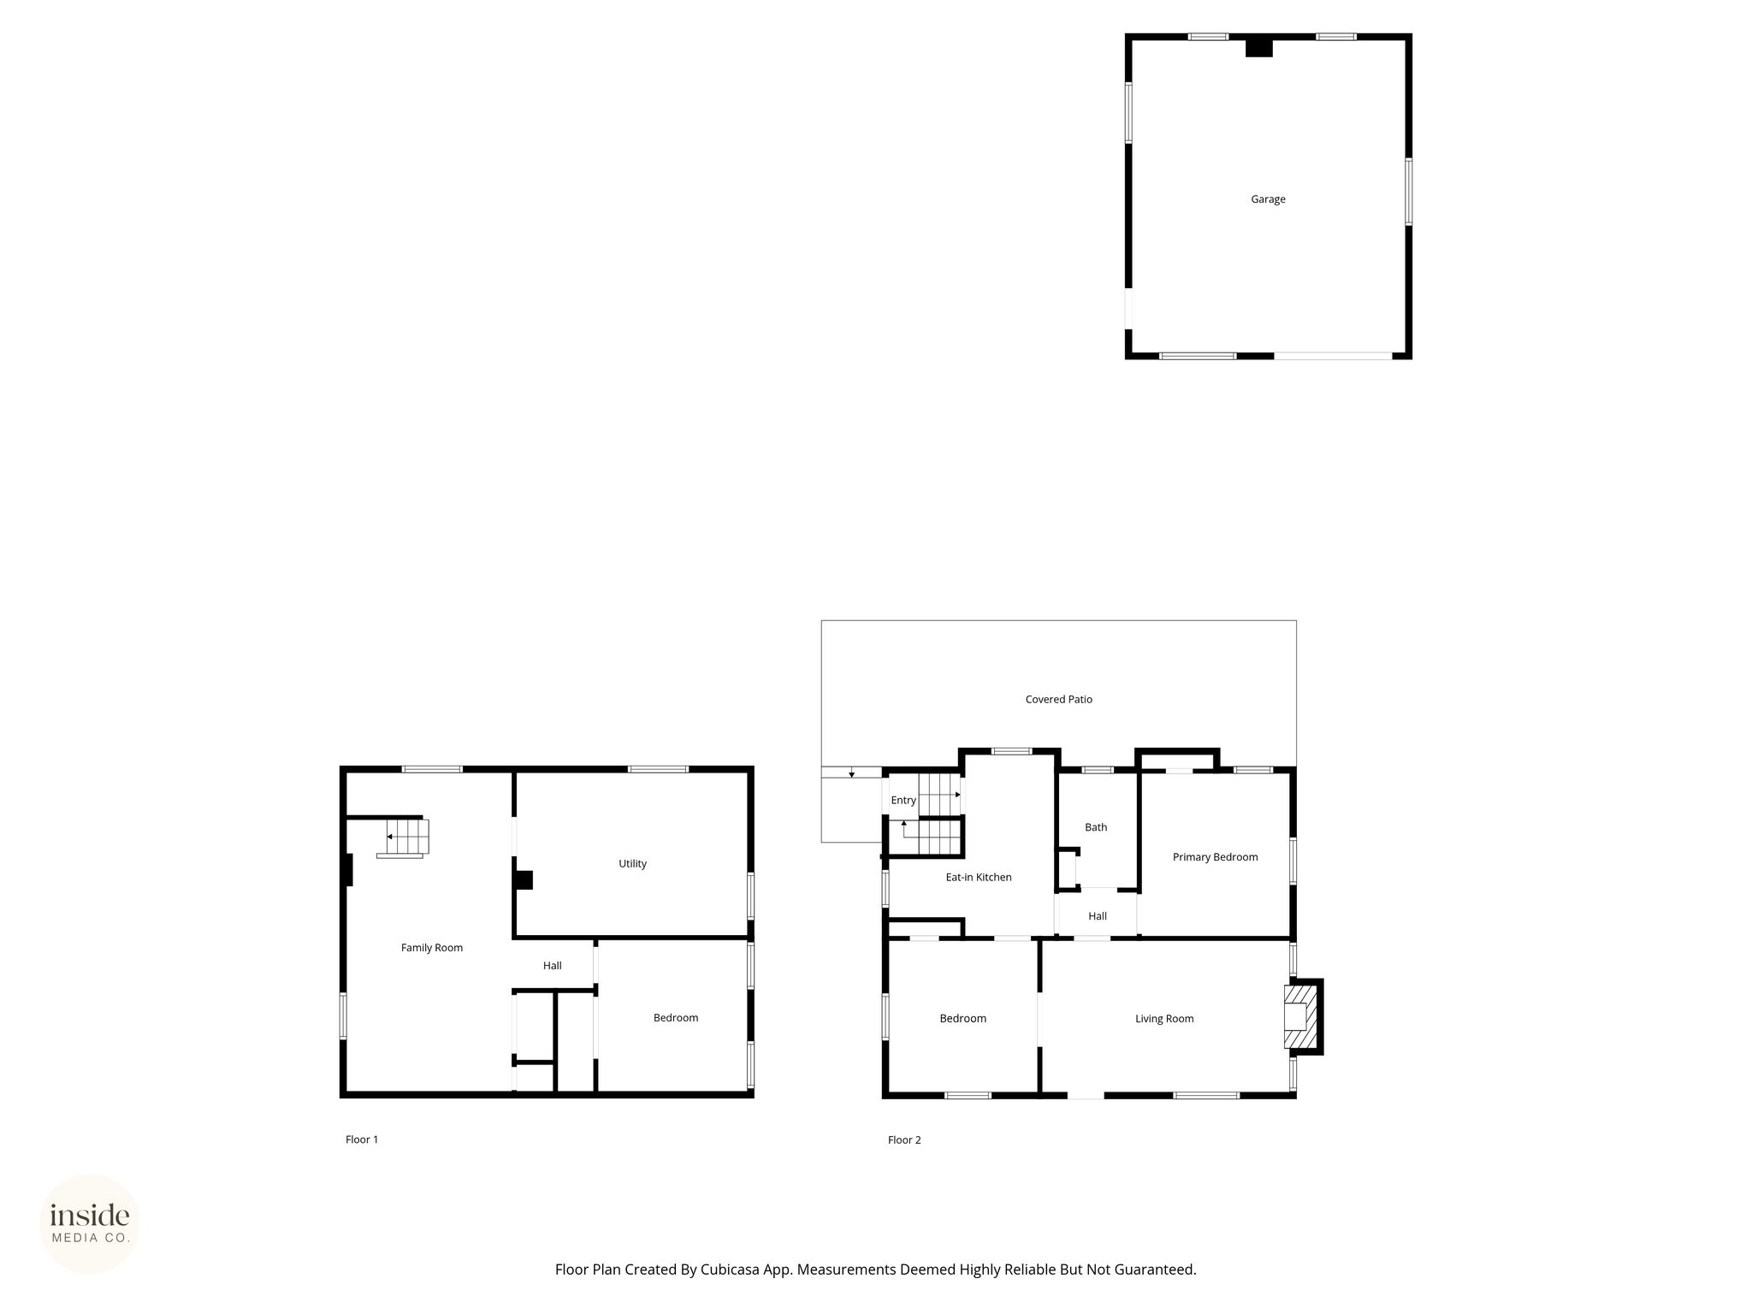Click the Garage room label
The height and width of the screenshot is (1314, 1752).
pos(1268,199)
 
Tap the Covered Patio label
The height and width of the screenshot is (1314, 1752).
pos(1059,699)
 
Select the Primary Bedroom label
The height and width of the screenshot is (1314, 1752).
pos(1215,857)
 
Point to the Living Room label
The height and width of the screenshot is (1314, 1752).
pos(1164,1019)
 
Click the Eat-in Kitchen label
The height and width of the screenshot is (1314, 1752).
pos(979,877)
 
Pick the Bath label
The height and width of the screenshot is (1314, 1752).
pos(1096,827)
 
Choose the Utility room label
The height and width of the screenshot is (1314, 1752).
pos(633,864)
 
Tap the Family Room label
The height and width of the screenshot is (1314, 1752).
pos(432,948)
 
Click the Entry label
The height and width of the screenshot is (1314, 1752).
pos(903,801)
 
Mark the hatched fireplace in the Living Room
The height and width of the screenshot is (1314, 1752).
pos(1299,1016)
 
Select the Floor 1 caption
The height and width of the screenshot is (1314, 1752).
pos(362,1139)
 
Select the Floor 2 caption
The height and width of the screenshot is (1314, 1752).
pos(904,1139)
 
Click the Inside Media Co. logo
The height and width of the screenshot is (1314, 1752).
pos(90,1223)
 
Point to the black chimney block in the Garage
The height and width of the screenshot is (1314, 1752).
pos(1259,48)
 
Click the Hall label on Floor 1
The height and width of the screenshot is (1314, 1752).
pos(553,966)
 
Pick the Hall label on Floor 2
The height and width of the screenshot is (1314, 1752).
pos(1098,916)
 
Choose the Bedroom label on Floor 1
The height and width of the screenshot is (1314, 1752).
pos(676,1018)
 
